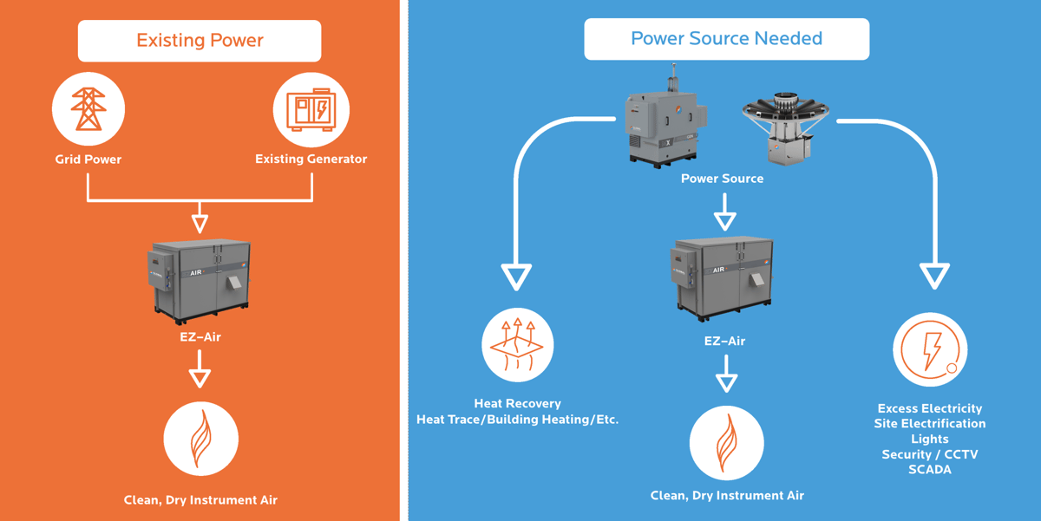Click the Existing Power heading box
point(200,41)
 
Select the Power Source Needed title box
point(726,39)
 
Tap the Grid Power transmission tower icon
point(88,109)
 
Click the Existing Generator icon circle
point(311,110)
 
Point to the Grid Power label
point(88,160)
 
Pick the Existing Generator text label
point(311,160)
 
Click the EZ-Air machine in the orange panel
point(200,279)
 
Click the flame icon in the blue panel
point(726,443)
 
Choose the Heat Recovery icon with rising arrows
point(518,345)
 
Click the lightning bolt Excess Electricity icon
point(930,350)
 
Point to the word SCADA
point(930,470)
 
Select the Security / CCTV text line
point(930,454)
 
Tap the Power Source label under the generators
point(722,179)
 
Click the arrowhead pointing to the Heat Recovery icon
point(517,278)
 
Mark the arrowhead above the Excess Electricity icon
point(934,277)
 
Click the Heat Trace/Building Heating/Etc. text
point(518,420)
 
